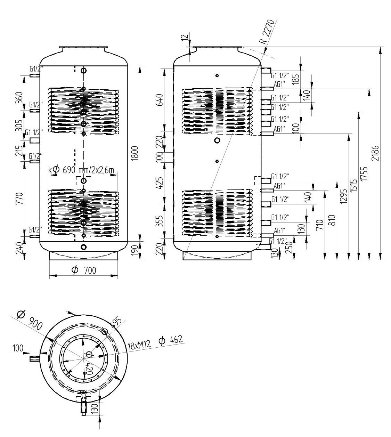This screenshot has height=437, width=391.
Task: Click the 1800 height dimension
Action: (x=136, y=153)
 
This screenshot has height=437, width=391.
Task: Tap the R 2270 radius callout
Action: (x=268, y=31)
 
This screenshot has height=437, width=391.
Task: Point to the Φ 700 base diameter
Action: (x=84, y=270)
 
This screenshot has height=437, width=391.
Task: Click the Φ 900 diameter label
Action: (x=30, y=320)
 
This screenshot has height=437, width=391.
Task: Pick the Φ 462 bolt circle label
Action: (x=170, y=340)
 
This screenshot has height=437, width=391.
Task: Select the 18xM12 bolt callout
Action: (x=139, y=345)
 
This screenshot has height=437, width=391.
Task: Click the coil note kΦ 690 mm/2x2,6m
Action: (x=82, y=170)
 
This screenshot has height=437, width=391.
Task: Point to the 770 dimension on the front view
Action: (x=19, y=199)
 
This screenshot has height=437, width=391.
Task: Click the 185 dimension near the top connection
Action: (x=296, y=78)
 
